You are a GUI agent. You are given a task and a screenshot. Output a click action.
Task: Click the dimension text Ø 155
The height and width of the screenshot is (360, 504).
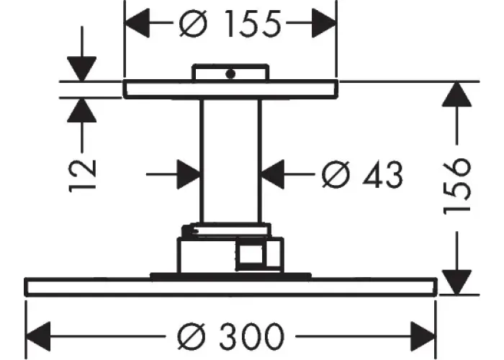pyautogui.click(x=230, y=26)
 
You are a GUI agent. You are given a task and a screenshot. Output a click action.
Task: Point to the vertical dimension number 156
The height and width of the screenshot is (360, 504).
pyautogui.click(x=458, y=186)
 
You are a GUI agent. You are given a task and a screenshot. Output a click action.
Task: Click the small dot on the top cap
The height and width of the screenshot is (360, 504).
pyautogui.click(x=230, y=73)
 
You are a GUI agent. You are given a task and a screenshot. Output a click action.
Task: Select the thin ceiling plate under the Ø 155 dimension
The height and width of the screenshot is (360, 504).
pyautogui.click(x=230, y=89)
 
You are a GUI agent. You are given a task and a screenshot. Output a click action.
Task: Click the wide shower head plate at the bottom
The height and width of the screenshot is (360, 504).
pyautogui.click(x=230, y=287)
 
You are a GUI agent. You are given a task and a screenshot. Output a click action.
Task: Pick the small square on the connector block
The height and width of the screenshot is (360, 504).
pyautogui.click(x=251, y=254)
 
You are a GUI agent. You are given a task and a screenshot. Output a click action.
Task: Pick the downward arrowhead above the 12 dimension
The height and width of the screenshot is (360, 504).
pyautogui.click(x=83, y=69)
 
